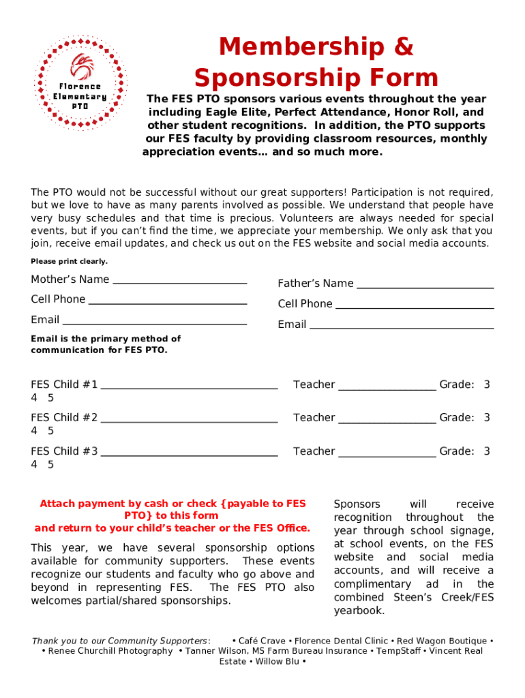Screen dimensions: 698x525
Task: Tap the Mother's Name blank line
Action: (179, 282)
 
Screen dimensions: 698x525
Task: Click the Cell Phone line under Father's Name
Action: (415, 307)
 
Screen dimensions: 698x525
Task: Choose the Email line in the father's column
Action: (402, 327)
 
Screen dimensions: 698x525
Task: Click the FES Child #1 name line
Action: (189, 386)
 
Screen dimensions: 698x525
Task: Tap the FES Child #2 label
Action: (64, 417)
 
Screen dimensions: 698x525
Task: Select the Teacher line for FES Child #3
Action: (387, 453)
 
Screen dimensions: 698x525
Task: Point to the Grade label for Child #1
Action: (456, 384)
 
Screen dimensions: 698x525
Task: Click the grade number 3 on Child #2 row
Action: (487, 417)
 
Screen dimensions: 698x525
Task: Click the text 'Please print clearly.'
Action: (69, 262)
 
